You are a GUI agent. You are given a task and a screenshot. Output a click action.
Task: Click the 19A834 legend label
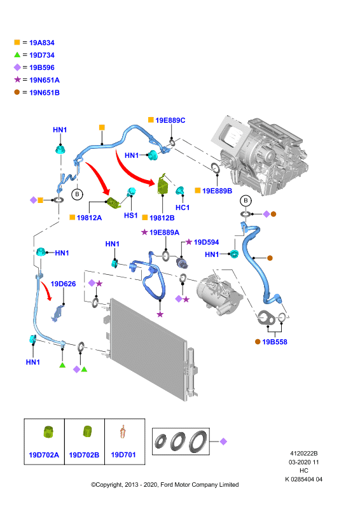42,43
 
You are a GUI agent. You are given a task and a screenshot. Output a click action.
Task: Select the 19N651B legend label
45,93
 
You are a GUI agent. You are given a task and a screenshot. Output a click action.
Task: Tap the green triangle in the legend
17,55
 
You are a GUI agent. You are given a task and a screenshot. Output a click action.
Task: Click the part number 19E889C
170,120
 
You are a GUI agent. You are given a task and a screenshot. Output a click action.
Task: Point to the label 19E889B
217,191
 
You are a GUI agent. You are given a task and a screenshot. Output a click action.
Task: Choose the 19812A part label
89,218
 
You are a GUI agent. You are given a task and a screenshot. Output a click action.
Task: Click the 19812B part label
162,218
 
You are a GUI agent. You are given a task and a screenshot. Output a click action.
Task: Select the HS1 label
131,215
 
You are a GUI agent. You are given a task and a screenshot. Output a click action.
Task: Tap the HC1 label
183,207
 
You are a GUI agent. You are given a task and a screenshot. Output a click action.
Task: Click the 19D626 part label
64,284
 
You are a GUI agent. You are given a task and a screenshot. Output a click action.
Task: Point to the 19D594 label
206,242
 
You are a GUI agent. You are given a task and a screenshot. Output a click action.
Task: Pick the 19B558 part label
275,342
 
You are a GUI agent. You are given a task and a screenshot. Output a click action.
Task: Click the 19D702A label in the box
44,455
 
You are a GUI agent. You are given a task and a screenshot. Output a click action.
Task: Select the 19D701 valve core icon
123,432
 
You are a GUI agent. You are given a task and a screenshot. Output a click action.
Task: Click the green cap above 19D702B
87,431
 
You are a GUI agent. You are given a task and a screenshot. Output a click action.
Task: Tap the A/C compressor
219,295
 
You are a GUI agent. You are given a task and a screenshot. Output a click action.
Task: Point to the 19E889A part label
164,232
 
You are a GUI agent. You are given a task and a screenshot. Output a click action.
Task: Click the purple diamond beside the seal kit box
223,442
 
